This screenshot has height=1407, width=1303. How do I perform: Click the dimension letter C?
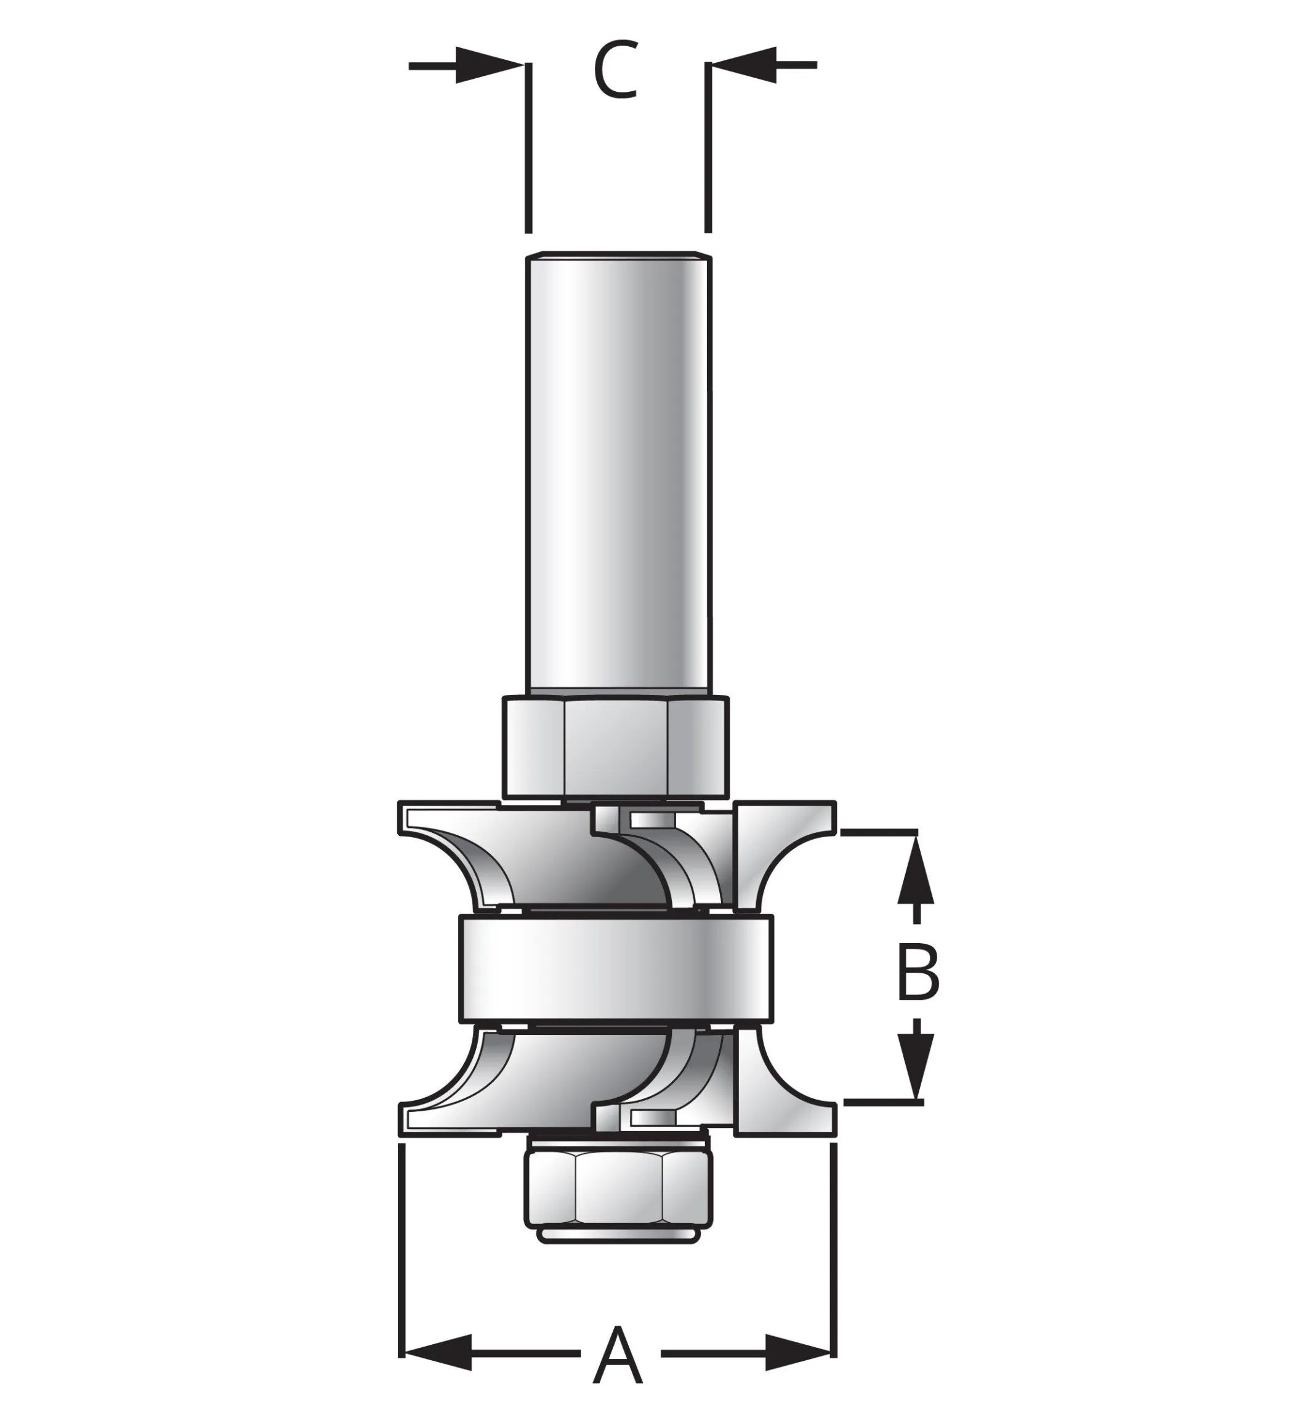tap(616, 70)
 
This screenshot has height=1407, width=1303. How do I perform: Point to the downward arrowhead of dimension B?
tap(916, 1069)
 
